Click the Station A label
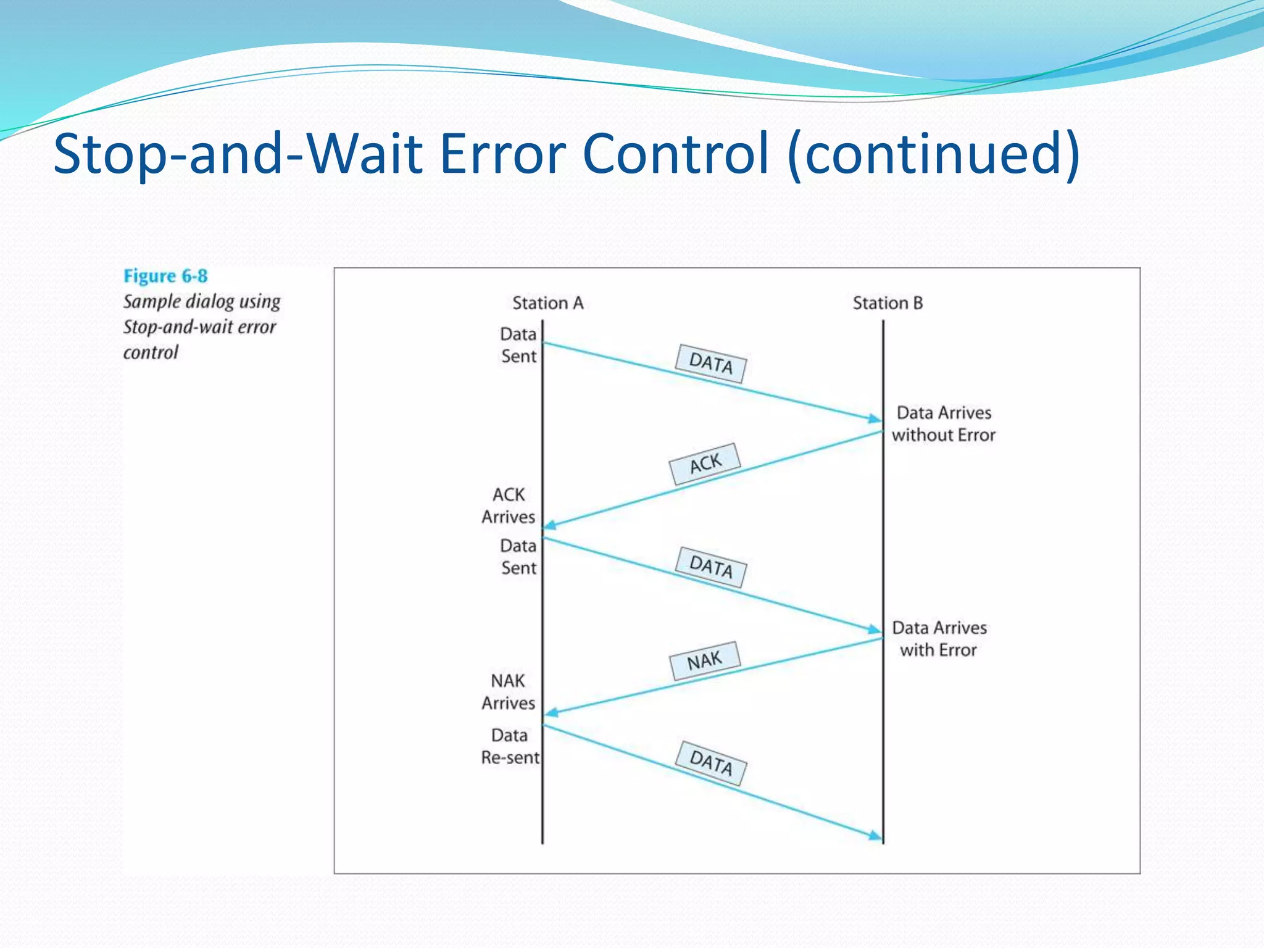tap(547, 303)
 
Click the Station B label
tap(888, 303)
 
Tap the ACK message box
tap(705, 464)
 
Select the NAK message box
tap(704, 660)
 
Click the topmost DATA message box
tap(710, 363)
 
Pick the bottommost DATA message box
tap(710, 763)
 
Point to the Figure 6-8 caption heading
tap(165, 276)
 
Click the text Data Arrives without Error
tap(944, 423)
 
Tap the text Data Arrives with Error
tap(939, 639)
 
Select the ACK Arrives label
tap(509, 505)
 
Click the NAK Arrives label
tap(509, 692)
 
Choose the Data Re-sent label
tap(510, 746)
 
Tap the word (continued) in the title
tap(934, 153)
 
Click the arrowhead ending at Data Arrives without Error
tap(875, 418)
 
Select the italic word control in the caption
tap(151, 352)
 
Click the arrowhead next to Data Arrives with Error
tap(875, 630)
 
